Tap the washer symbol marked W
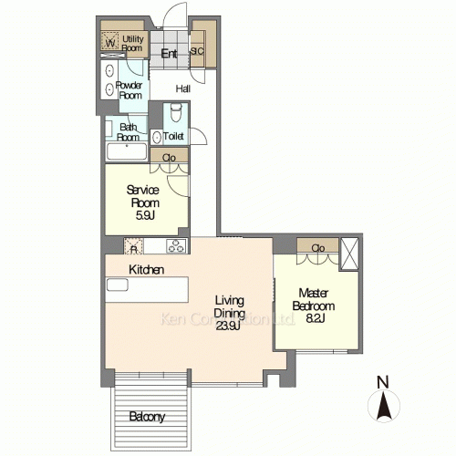(x=110, y=42)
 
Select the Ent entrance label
(x=169, y=54)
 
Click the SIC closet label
(x=197, y=52)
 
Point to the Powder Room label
(x=128, y=90)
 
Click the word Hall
(x=182, y=88)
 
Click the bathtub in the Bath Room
(x=126, y=151)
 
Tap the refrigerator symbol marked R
(x=134, y=246)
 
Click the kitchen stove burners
(x=175, y=245)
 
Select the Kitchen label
(x=146, y=270)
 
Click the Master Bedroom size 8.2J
(x=314, y=319)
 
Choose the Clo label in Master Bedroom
(x=318, y=247)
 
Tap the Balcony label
(x=146, y=417)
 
